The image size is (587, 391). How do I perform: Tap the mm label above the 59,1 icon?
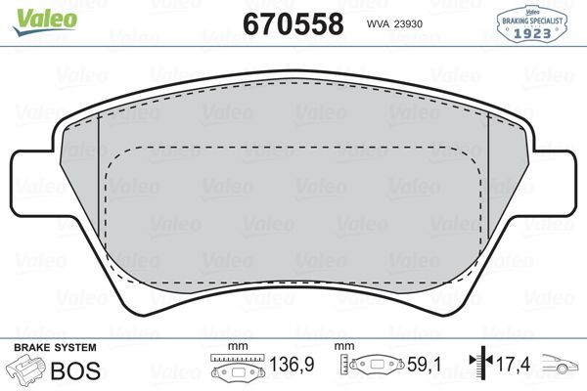click(344, 348)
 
